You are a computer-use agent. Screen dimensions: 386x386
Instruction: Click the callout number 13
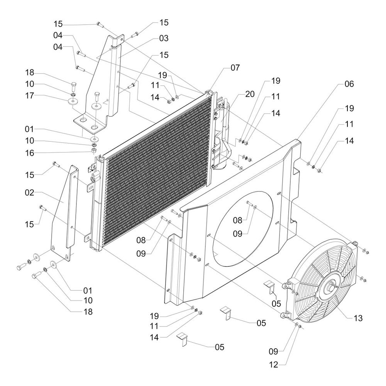358,318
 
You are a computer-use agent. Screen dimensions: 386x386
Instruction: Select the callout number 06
349,84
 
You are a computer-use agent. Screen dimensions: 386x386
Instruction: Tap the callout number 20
250,94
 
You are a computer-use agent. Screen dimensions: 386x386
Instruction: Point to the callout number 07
235,68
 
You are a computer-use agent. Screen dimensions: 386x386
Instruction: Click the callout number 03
164,38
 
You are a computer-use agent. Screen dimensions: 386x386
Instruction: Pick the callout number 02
30,193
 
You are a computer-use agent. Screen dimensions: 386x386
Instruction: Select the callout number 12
274,365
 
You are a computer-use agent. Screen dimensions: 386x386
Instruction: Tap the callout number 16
30,153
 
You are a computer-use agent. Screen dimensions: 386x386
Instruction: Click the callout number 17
30,95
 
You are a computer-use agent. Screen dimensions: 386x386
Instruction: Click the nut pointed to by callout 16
94,150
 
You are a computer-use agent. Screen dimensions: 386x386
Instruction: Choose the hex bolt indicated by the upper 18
73,86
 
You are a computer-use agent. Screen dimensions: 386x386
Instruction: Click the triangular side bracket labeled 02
64,213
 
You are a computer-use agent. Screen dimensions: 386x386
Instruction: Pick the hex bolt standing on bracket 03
96,97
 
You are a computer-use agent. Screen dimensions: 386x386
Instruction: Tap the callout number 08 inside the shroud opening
237,220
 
